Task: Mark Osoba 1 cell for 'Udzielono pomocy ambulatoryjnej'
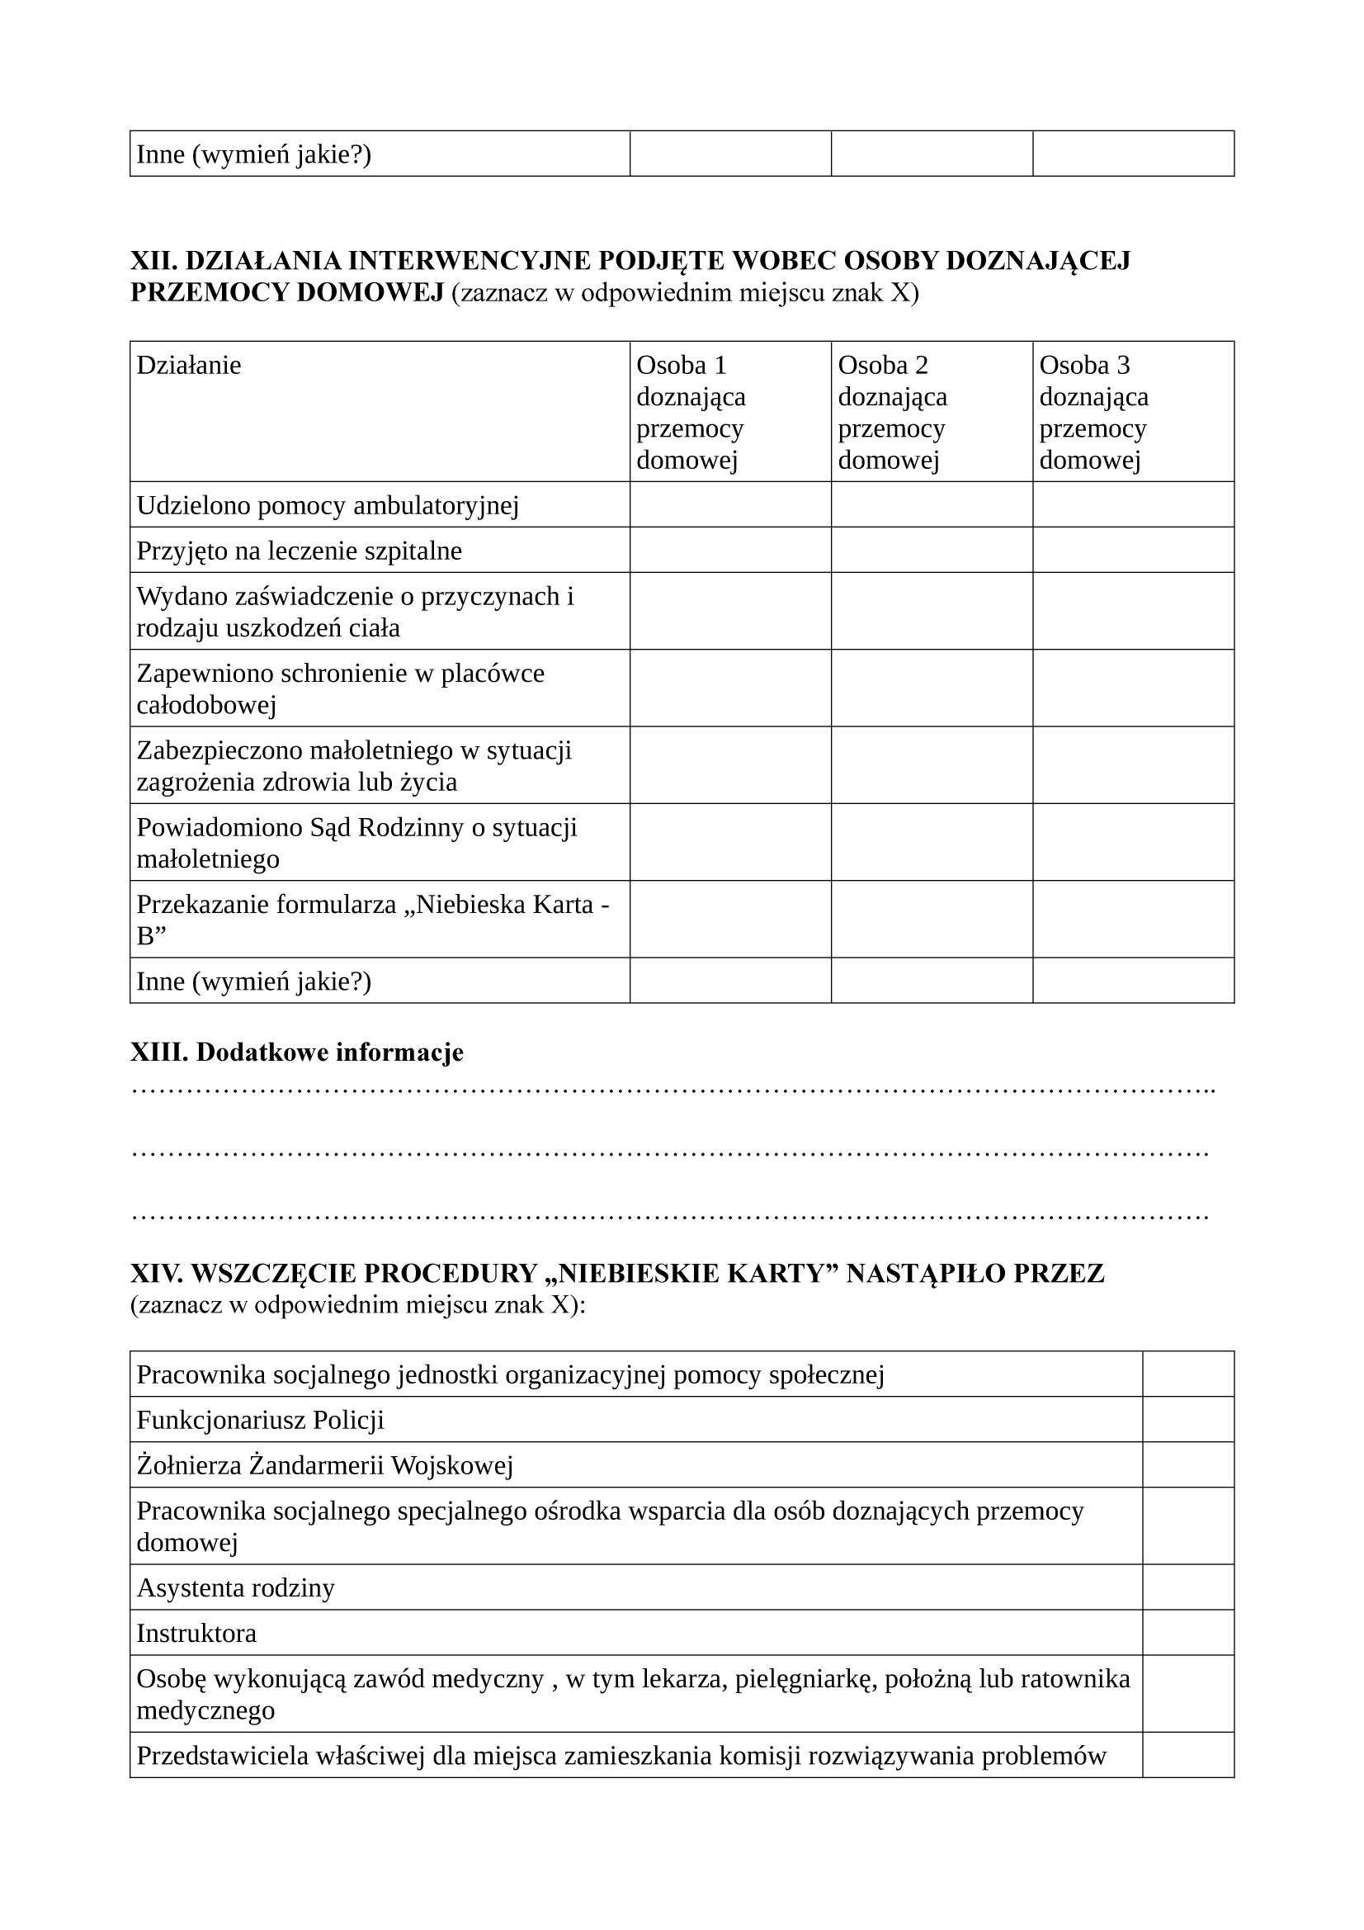pos(730,504)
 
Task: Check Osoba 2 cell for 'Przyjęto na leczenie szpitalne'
pos(932,550)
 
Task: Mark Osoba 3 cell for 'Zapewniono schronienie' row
pos(1133,688)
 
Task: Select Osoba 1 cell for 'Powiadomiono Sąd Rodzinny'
pos(730,842)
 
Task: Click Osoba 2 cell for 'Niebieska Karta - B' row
pos(932,919)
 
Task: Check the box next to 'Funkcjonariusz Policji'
pos(1188,1420)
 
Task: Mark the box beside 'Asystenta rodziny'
pos(1188,1588)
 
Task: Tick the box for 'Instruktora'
pos(1188,1634)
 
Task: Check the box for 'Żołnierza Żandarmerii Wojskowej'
pos(1188,1465)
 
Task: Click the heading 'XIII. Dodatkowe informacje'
pos(297,1053)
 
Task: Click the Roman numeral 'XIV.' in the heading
pos(156,1274)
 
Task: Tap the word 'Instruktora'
pos(196,1634)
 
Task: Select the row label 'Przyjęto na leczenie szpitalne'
pos(300,551)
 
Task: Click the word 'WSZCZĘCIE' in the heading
pos(274,1274)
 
